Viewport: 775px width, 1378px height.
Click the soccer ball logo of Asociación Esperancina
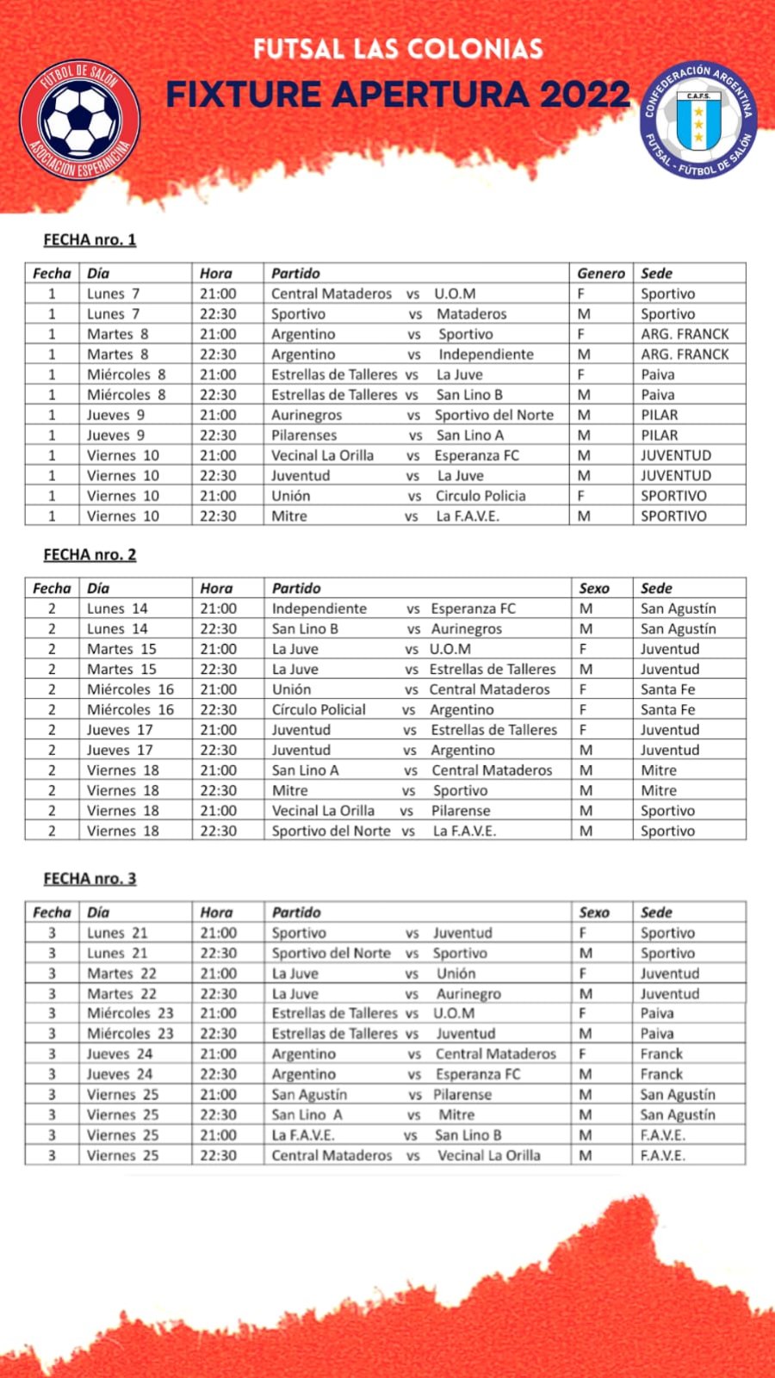pyautogui.click(x=79, y=120)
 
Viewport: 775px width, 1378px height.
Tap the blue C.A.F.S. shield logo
pyautogui.click(x=697, y=120)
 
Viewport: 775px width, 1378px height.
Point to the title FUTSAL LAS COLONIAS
pyautogui.click(x=398, y=48)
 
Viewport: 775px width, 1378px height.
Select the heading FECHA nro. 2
pyautogui.click(x=90, y=554)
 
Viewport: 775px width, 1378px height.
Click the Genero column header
pyautogui.click(x=600, y=273)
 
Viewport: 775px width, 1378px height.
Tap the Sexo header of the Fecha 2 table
pyautogui.click(x=594, y=588)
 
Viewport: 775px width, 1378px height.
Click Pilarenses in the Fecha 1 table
pyautogui.click(x=304, y=435)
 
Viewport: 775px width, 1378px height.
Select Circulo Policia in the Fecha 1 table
pyautogui.click(x=480, y=496)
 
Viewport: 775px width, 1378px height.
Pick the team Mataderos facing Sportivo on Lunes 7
pyautogui.click(x=471, y=314)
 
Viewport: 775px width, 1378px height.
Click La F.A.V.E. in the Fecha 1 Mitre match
pyautogui.click(x=467, y=516)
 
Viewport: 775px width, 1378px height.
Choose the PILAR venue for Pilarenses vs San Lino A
pyautogui.click(x=659, y=435)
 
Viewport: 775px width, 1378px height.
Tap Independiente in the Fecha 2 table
pyautogui.click(x=319, y=609)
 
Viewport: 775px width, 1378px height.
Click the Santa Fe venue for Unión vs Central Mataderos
pyautogui.click(x=667, y=689)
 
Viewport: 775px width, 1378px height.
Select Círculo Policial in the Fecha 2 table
pyautogui.click(x=319, y=710)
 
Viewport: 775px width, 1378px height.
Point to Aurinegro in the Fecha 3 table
pyautogui.click(x=468, y=993)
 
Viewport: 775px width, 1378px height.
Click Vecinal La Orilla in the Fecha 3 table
pyautogui.click(x=489, y=1155)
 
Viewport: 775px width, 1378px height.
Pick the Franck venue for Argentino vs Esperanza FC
pyautogui.click(x=661, y=1074)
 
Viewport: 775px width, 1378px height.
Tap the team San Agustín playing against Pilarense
pyautogui.click(x=309, y=1095)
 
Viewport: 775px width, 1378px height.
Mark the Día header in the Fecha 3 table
pyautogui.click(x=98, y=912)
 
